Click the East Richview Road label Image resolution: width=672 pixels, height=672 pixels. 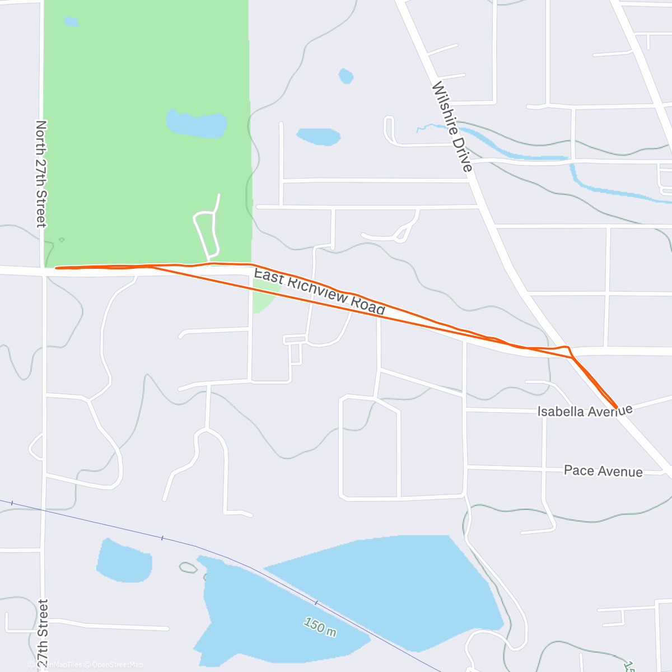click(319, 291)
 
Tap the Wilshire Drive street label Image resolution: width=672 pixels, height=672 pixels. click(452, 127)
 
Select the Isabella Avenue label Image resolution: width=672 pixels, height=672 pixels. click(585, 411)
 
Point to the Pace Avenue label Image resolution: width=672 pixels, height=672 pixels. click(603, 471)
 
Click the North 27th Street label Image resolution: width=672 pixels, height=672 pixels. click(41, 174)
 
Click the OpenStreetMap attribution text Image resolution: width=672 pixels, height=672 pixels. click(117, 665)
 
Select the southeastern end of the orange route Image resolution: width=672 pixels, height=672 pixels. click(617, 408)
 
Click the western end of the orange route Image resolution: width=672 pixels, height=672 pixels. click(56, 268)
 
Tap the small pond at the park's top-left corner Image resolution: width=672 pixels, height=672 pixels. click(71, 22)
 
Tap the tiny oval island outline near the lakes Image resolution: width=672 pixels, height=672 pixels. click(189, 568)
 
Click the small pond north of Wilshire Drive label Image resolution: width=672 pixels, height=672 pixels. click(346, 76)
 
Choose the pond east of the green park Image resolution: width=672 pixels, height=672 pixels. click(318, 136)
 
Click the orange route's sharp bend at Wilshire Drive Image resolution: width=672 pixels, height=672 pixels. click(568, 348)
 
